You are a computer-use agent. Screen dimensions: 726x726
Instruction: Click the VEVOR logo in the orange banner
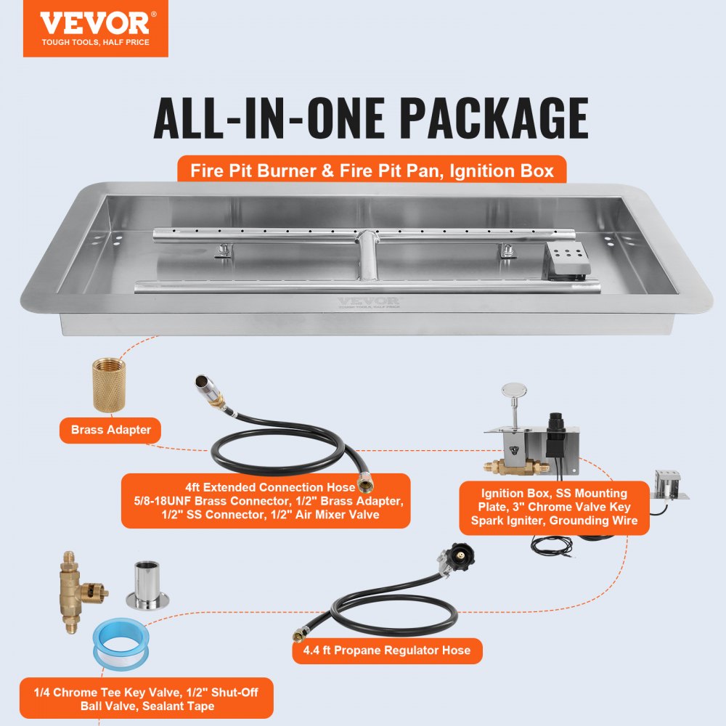[94, 23]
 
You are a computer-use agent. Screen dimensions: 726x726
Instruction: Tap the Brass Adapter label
[111, 430]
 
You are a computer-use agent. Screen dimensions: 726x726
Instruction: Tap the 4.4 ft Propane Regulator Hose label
[387, 650]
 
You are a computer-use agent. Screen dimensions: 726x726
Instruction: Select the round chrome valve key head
[516, 397]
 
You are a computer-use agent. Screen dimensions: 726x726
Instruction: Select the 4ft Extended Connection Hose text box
[265, 501]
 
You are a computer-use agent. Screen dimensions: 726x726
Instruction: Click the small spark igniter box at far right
[667, 483]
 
